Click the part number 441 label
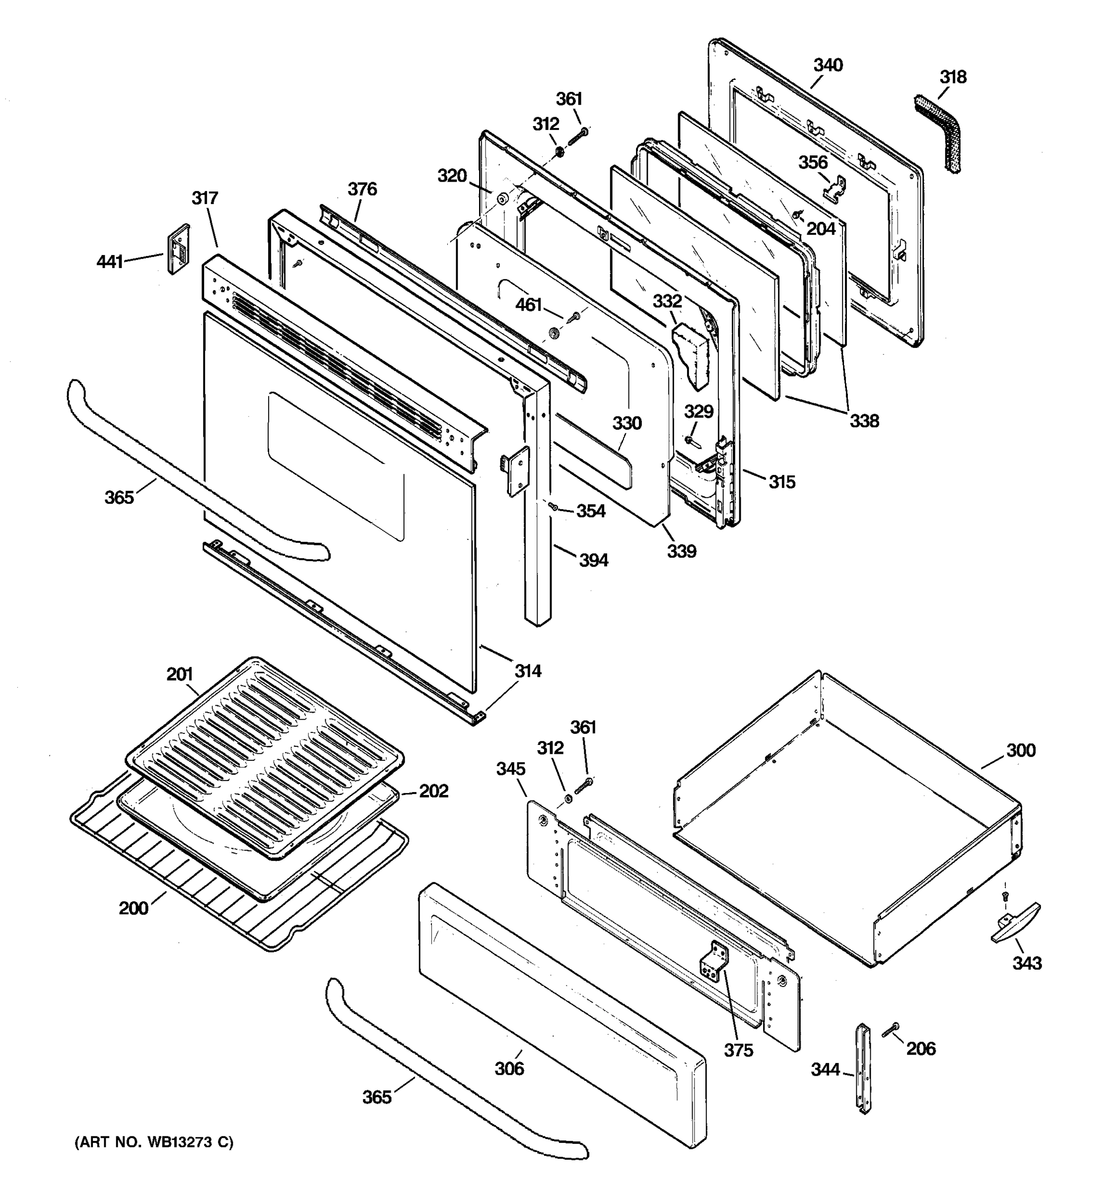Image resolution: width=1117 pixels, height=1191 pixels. [x=110, y=262]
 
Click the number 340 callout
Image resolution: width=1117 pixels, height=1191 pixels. [x=828, y=65]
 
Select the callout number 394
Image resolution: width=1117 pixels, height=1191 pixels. [x=593, y=560]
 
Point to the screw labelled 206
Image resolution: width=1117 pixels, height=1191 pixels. [x=890, y=1030]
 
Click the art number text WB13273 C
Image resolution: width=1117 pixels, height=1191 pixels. [x=153, y=1142]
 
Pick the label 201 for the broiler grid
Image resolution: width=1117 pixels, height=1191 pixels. [x=179, y=674]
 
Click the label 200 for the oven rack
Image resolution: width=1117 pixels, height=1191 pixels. [x=133, y=908]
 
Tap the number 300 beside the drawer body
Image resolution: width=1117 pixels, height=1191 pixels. [x=1021, y=750]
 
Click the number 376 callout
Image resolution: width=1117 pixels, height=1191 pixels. [x=362, y=189]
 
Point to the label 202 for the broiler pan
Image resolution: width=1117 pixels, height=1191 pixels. [x=433, y=791]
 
